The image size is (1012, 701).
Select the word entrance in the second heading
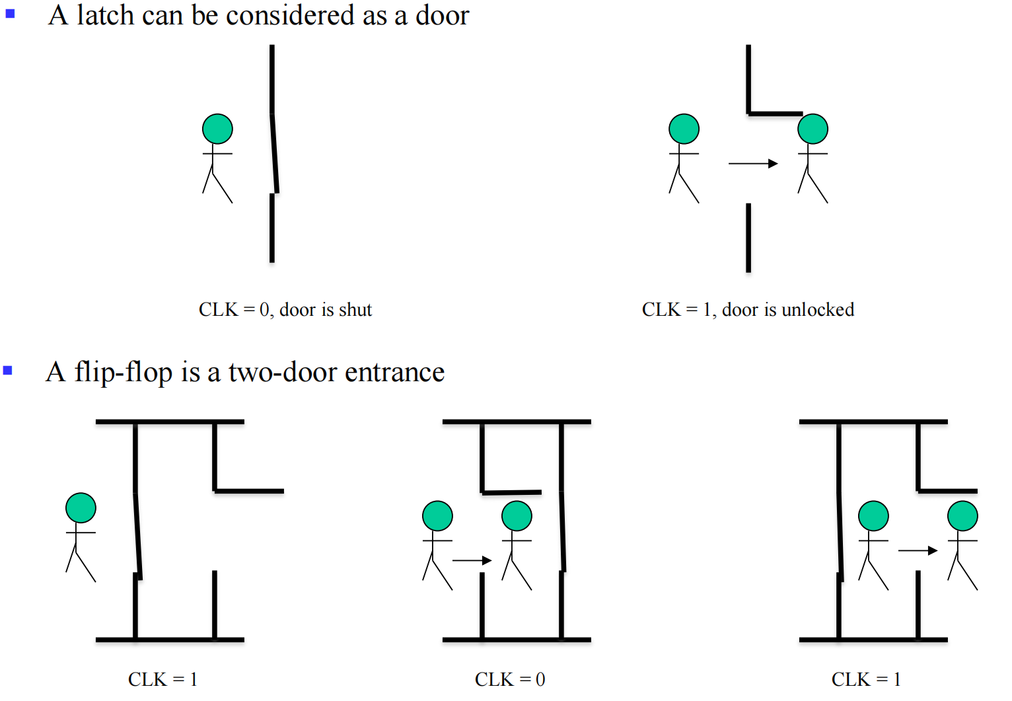tap(394, 372)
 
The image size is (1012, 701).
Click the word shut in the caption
tap(355, 309)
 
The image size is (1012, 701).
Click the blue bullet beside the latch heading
tap(10, 13)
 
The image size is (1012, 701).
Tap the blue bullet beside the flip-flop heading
tap(8, 371)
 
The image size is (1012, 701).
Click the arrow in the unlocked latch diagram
tap(753, 163)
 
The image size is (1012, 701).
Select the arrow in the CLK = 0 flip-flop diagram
tap(472, 560)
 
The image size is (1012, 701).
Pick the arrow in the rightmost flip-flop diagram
tap(918, 550)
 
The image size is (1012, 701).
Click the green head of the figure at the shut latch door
tap(217, 129)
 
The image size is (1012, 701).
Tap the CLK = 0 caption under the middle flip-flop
tap(509, 679)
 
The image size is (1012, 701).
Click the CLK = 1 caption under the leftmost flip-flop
tap(163, 679)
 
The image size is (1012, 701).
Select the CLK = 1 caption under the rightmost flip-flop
tap(866, 679)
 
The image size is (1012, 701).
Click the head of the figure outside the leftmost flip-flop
tap(81, 508)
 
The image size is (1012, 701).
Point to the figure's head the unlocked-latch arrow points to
tap(813, 129)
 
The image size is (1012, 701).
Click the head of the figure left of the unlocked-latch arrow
tap(684, 129)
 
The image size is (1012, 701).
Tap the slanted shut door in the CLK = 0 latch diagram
tap(274, 153)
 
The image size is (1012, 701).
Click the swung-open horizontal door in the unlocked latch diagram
tap(776, 114)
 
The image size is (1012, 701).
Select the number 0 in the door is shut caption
tap(264, 309)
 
